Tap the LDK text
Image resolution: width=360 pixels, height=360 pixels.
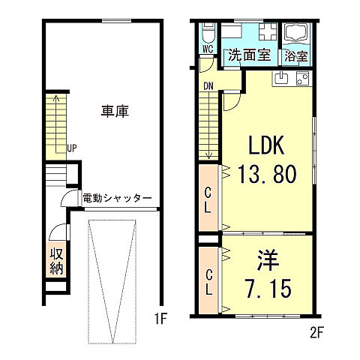[x=266, y=145]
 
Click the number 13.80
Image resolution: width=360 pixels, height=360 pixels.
[x=267, y=174]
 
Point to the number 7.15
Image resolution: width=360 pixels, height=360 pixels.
[x=268, y=288]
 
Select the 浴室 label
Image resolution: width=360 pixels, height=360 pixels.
[x=296, y=55]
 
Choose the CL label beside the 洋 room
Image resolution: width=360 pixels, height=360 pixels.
[x=208, y=276]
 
